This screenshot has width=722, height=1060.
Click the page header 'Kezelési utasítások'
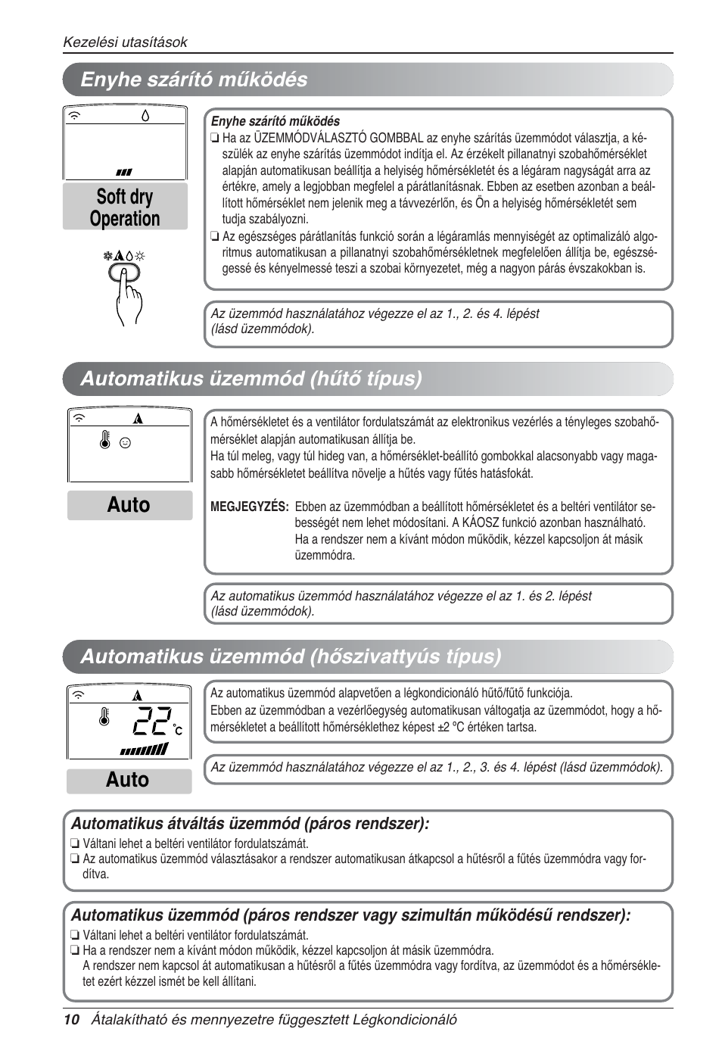pos(125,42)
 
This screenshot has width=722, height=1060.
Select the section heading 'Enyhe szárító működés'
pos(194,79)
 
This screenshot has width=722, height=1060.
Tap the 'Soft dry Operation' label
pos(125,207)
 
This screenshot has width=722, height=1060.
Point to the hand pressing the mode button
pos(128,291)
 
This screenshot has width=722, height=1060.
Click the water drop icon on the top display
pos(145,116)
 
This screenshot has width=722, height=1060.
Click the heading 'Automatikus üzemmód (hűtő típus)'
pos(251,379)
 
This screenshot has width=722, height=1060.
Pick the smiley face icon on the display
pos(126,443)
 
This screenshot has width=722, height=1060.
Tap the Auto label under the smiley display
pos(129,505)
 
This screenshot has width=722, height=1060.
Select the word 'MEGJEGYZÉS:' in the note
pos(249,507)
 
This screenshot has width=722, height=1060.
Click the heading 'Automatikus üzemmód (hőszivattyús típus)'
pos(291,656)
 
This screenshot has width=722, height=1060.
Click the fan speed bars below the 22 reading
pos(145,750)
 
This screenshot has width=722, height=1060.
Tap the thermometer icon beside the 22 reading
pos(104,716)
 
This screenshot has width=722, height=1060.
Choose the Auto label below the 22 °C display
pos(128,780)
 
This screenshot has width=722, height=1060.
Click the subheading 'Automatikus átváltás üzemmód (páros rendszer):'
pos(250,824)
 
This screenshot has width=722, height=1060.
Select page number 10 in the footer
pos(71,1020)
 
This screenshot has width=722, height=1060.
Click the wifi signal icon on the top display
pos(75,116)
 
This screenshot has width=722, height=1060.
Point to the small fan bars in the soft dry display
pos(124,173)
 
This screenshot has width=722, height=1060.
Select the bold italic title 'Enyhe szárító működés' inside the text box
pos(275,121)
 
